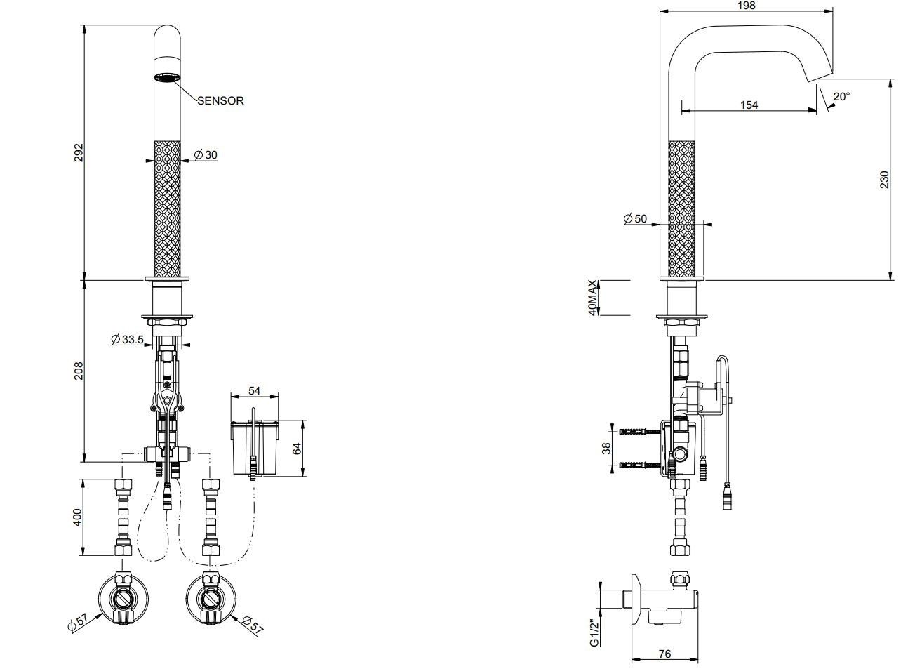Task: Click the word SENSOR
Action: pyautogui.click(x=220, y=100)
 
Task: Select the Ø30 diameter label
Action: pyautogui.click(x=206, y=154)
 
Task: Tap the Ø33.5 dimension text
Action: pyautogui.click(x=128, y=340)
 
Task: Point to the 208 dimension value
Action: pyautogui.click(x=79, y=371)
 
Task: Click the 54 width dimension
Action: pyautogui.click(x=255, y=390)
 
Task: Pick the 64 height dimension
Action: pyautogui.click(x=296, y=448)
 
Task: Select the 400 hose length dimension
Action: pyautogui.click(x=79, y=517)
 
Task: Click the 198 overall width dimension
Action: pyautogui.click(x=747, y=6)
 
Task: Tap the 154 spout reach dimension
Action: pyautogui.click(x=749, y=105)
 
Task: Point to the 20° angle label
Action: pyautogui.click(x=841, y=96)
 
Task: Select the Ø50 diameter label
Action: pyautogui.click(x=635, y=219)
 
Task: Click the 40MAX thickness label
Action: pyautogui.click(x=594, y=298)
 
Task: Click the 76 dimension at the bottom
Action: pyautogui.click(x=664, y=654)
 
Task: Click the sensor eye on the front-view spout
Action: pyautogui.click(x=167, y=77)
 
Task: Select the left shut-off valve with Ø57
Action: pyautogui.click(x=123, y=598)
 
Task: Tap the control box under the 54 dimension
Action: pyautogui.click(x=255, y=446)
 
